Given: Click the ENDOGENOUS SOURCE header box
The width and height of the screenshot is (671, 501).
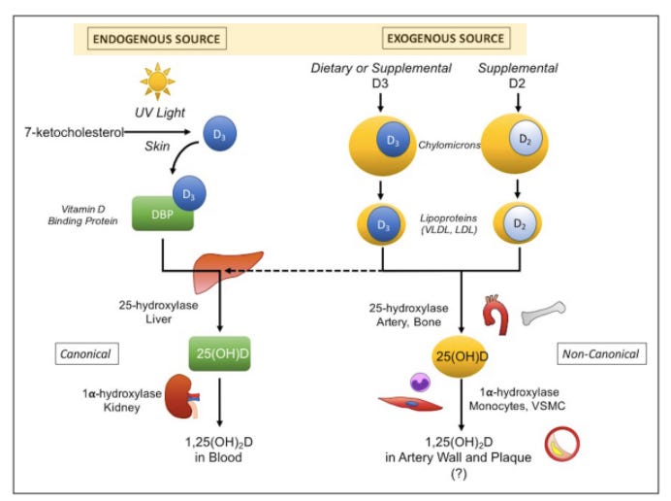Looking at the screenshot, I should pos(155,39).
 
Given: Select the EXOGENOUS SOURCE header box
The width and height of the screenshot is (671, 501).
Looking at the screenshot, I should pos(445,39).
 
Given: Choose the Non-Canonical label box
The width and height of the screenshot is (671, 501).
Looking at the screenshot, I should pos(602,353).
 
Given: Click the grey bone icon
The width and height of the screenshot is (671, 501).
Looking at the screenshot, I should pos(542,313).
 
